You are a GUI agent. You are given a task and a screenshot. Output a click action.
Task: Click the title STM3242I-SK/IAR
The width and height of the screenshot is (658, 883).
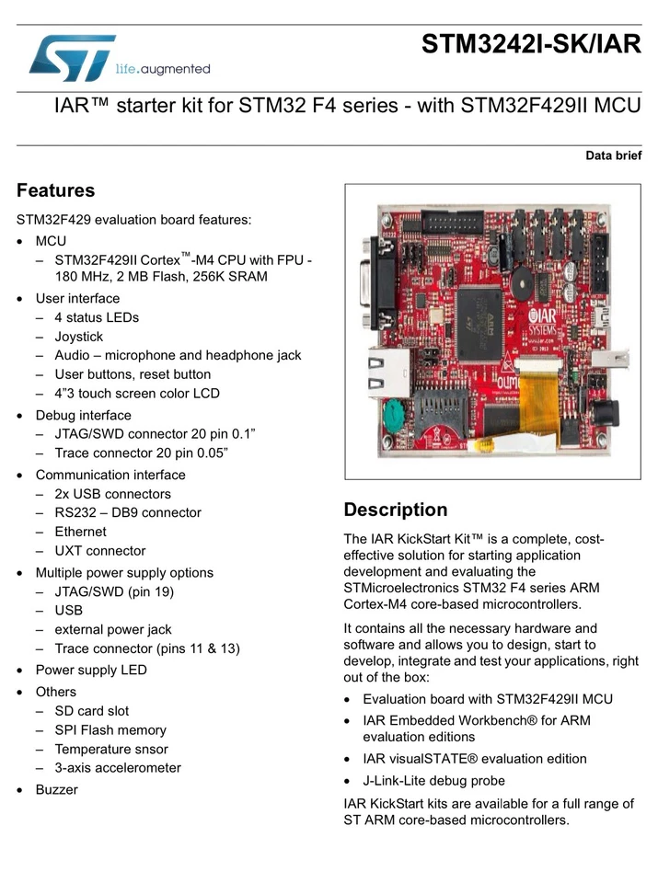click(x=530, y=44)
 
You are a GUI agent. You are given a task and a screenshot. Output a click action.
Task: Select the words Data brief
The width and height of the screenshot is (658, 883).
click(x=613, y=155)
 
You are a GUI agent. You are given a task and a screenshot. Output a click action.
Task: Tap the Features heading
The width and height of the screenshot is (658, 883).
click(x=55, y=191)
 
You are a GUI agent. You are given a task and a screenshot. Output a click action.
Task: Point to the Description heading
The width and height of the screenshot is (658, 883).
click(x=395, y=510)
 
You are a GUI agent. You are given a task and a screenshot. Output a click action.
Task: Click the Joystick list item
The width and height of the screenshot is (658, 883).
click(x=79, y=337)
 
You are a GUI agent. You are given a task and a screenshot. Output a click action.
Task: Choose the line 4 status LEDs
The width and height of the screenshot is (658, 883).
click(x=97, y=317)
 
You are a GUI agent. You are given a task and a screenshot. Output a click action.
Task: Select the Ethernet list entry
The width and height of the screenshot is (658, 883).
click(x=80, y=532)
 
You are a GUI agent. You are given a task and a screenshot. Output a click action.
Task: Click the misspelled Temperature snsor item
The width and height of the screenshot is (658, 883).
click(x=111, y=749)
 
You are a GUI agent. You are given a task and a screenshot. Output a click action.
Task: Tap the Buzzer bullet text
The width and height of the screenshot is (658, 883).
click(x=57, y=789)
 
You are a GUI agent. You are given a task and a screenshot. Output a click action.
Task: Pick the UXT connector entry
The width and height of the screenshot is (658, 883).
click(x=99, y=551)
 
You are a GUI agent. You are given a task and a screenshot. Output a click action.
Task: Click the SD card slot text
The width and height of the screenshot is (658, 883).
click(x=91, y=711)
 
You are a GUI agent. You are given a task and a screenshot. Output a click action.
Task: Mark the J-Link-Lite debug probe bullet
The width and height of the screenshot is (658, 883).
click(x=433, y=781)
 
